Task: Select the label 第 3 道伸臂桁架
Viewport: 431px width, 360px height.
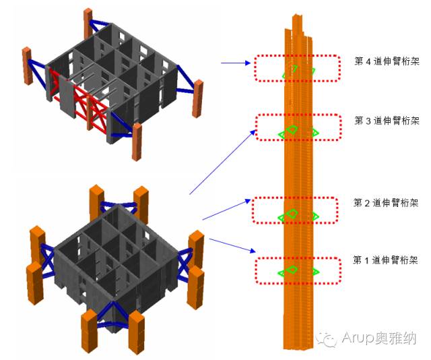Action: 386,121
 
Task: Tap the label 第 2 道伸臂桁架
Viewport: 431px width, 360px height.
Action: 386,202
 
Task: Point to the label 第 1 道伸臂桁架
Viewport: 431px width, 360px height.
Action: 386,260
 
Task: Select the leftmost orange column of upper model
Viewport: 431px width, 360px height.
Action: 28,65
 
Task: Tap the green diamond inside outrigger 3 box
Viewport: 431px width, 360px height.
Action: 292,129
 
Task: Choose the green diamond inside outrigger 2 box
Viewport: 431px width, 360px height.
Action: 292,213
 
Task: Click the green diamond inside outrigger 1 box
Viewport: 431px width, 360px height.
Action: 292,270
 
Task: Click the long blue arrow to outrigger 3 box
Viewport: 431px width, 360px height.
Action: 222,162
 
